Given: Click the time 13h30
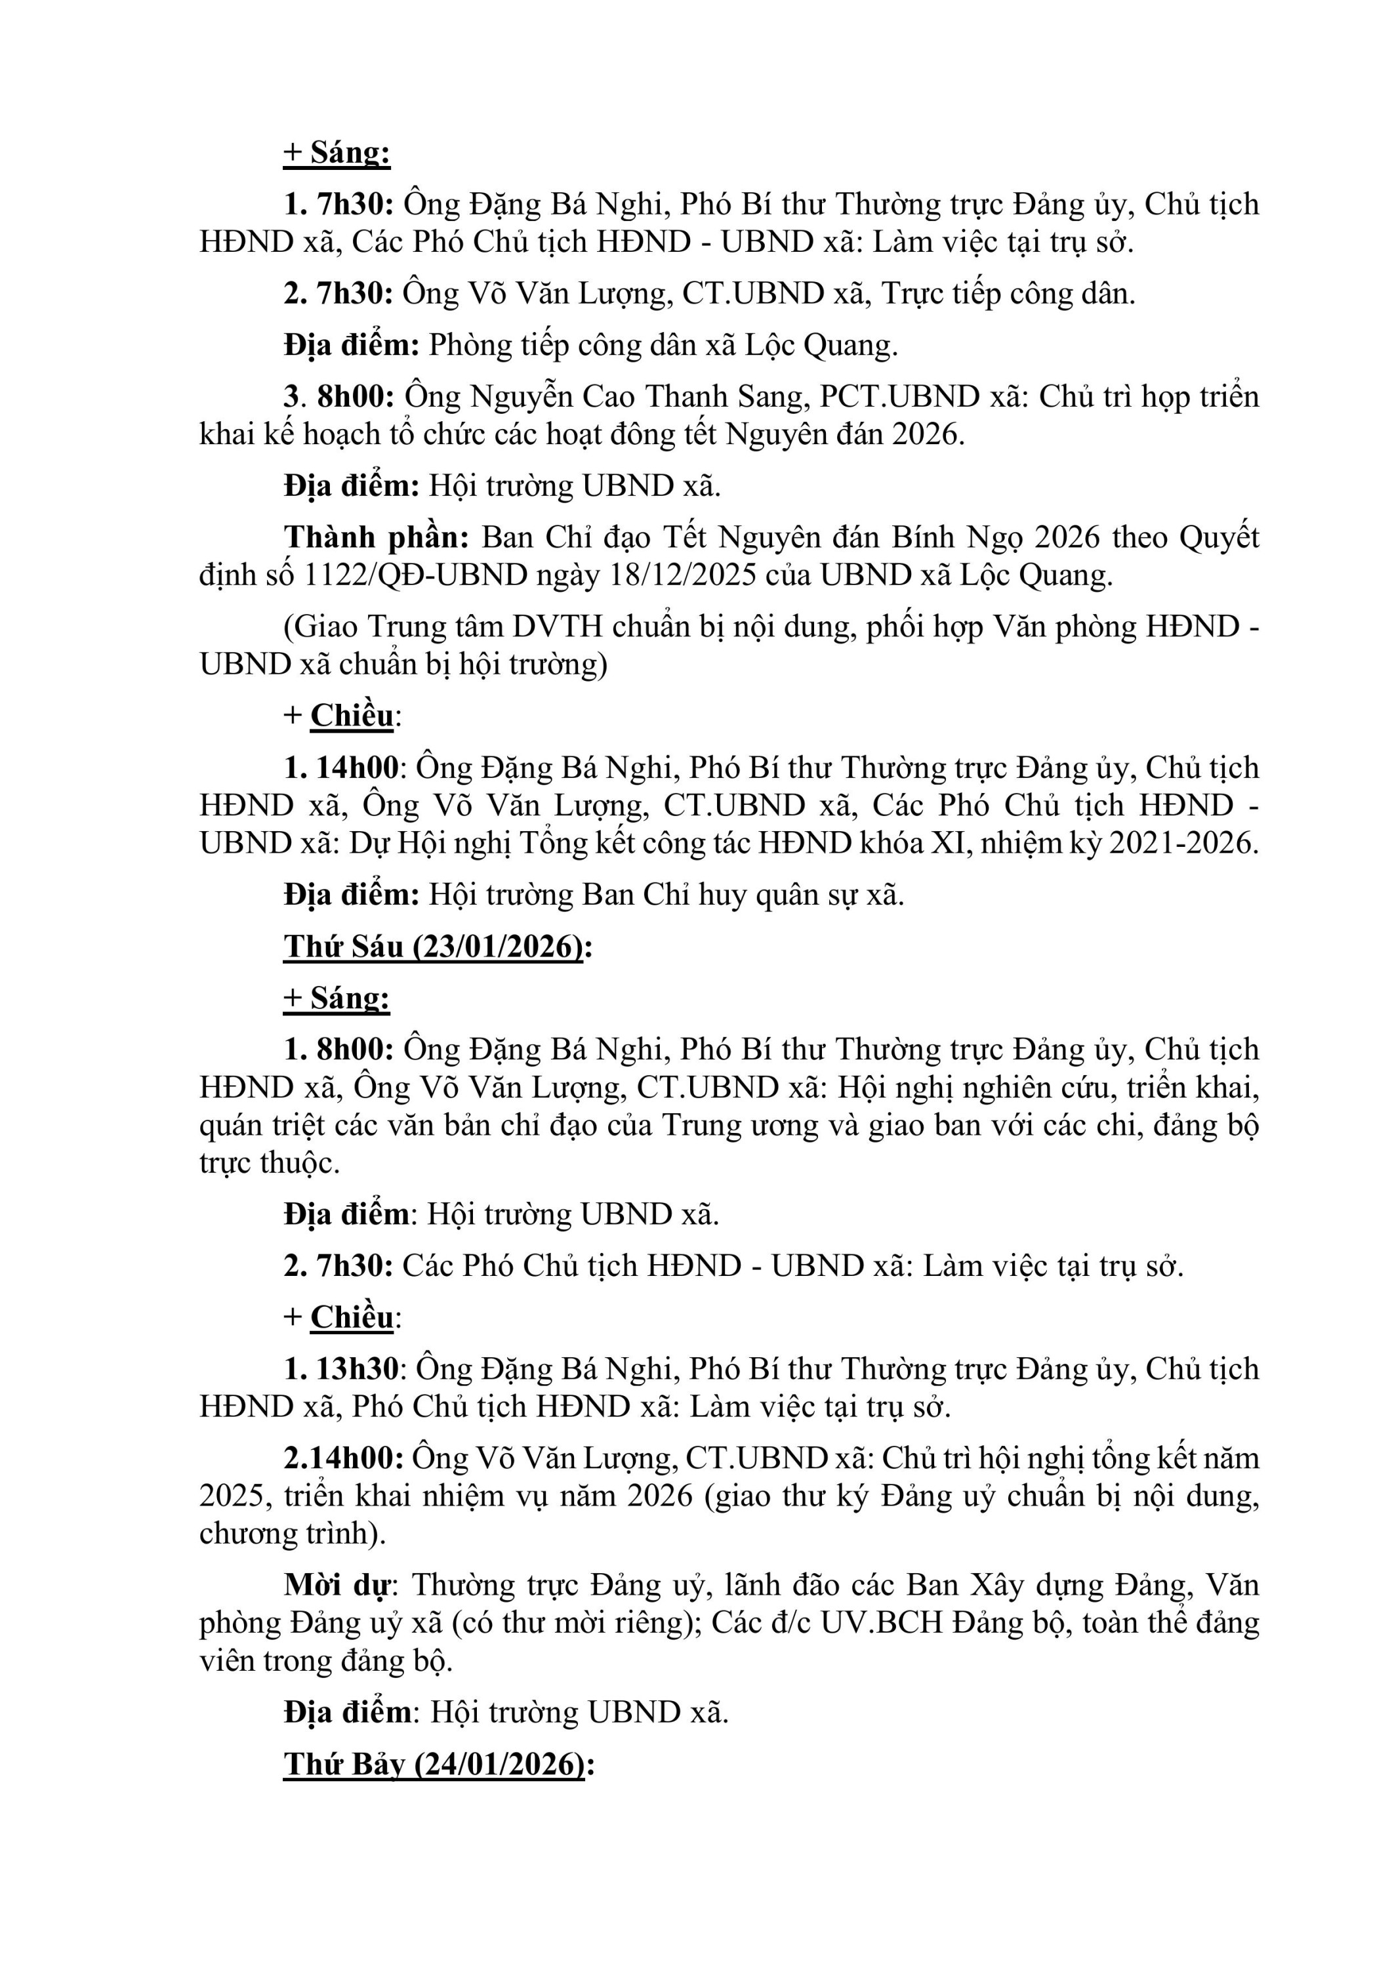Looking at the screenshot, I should click(358, 1369).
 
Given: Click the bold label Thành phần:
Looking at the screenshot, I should click(377, 537).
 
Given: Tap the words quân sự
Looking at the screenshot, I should click(807, 895).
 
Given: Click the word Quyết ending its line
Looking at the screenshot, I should click(1219, 537).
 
